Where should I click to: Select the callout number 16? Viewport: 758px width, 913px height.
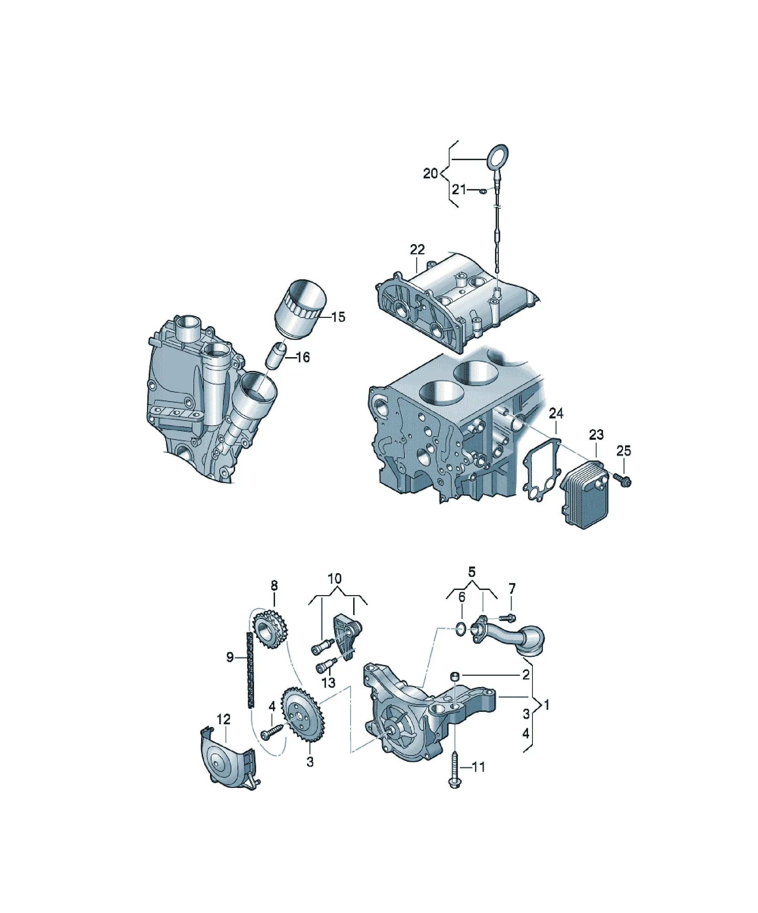click(x=303, y=357)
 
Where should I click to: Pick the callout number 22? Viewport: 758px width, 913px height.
click(x=417, y=250)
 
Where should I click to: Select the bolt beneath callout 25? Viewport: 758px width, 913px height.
click(x=623, y=479)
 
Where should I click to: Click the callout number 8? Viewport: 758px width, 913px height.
click(x=274, y=585)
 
